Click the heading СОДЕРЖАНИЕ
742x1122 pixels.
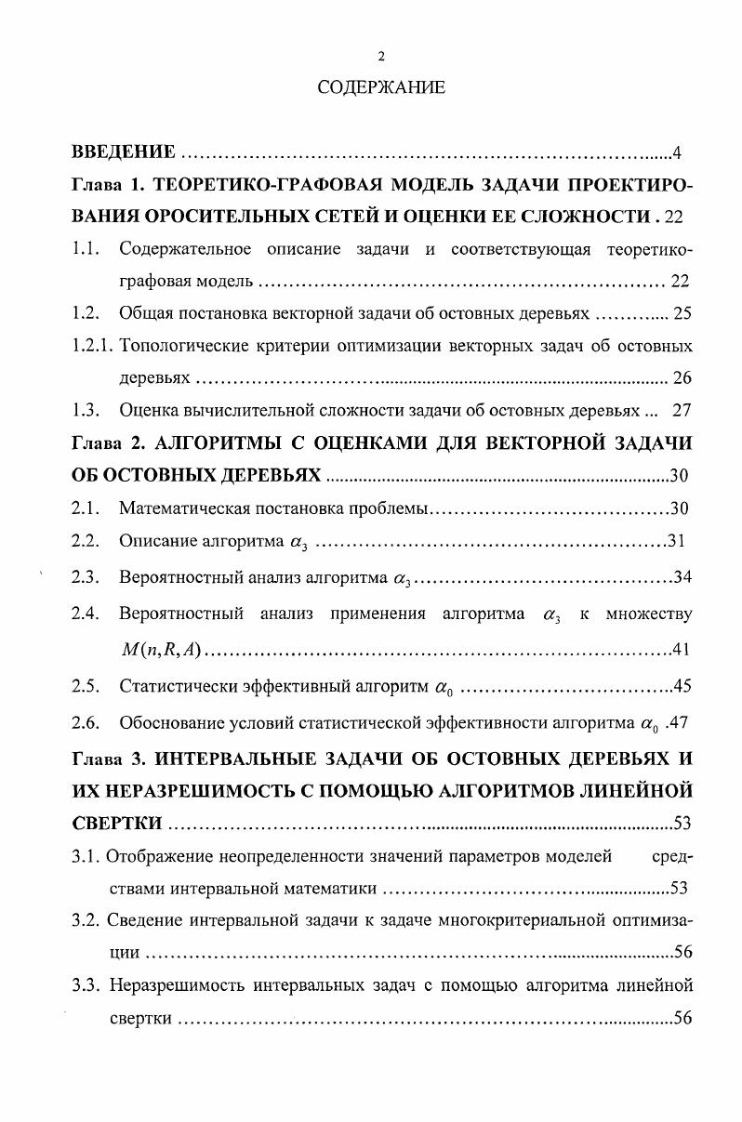381,88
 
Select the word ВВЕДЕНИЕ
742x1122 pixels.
124,152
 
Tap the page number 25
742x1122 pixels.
682,313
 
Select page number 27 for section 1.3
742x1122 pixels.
682,410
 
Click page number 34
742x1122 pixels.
682,577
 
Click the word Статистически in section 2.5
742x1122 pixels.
173,687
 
